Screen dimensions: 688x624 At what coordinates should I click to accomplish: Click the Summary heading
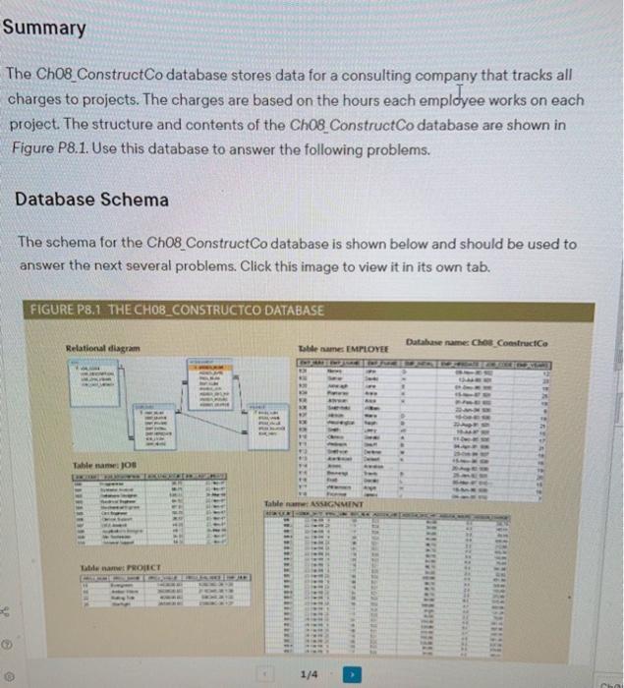[44, 28]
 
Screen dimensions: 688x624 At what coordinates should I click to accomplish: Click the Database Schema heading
[91, 200]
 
